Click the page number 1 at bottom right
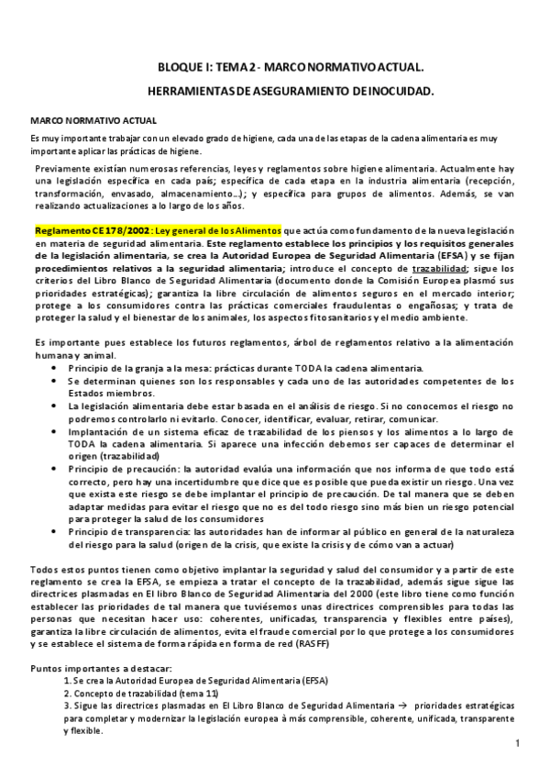518,743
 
